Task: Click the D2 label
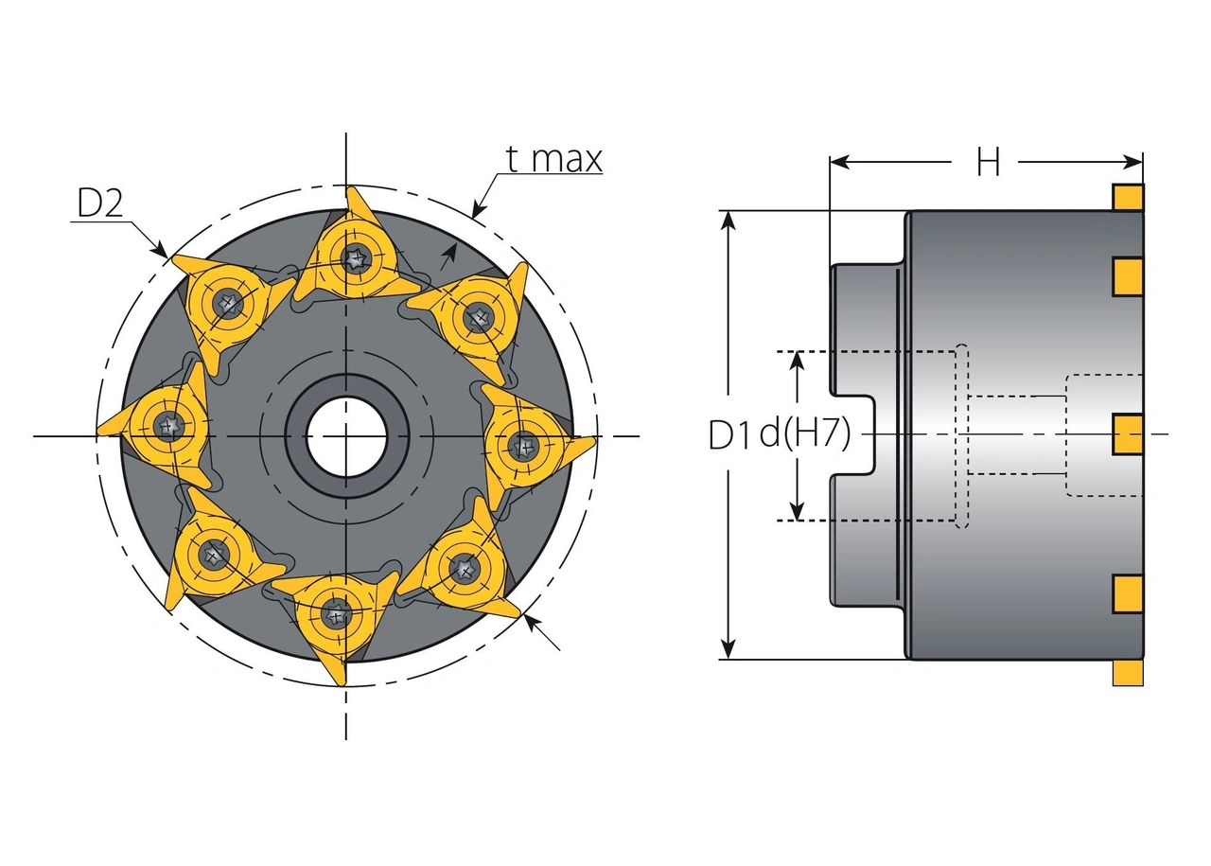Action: (99, 203)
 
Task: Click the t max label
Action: (553, 159)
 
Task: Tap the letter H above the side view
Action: (988, 164)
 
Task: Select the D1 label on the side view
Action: (732, 434)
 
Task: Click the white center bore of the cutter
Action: (347, 436)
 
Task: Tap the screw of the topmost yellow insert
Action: (356, 256)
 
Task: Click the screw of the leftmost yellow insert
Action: (168, 426)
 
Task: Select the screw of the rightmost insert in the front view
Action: (523, 445)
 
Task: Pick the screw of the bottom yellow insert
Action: (335, 614)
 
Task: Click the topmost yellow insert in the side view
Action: (1128, 197)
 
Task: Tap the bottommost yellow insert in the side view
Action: (1128, 673)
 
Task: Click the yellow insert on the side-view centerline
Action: (1128, 434)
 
